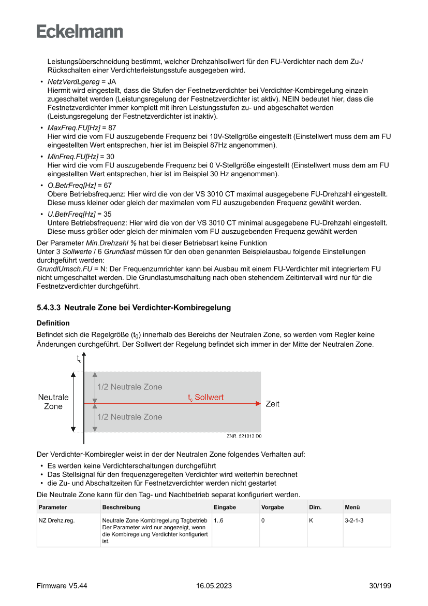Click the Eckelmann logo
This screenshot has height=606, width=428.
coord(80,31)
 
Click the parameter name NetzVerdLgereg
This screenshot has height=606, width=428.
coord(73,82)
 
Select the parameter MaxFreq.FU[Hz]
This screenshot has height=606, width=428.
coord(73,128)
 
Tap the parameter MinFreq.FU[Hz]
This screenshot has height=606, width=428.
coord(72,156)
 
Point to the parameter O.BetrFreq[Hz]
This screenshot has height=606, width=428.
coord(72,185)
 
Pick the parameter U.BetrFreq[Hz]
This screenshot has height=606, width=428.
coord(72,214)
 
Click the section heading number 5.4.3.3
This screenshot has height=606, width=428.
coord(49,308)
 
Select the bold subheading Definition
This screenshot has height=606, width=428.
coord(53,323)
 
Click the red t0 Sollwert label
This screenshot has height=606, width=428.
coord(205,398)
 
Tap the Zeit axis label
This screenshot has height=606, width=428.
coord(272,404)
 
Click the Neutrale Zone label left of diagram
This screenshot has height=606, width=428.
coord(53,402)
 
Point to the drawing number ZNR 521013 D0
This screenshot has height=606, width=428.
coord(244,436)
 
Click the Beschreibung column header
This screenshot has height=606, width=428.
coord(121,507)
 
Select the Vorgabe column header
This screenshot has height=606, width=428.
coord(273,507)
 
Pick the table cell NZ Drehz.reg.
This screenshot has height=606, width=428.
coord(56,519)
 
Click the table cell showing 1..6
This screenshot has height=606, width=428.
coord(218,519)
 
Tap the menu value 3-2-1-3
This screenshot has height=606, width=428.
coord(354,519)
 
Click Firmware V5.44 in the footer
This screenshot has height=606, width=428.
coord(62,586)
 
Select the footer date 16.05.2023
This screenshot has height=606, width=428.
coord(214,586)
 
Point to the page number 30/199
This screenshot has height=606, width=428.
coord(380,586)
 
